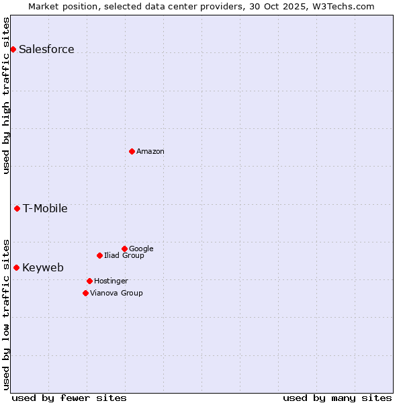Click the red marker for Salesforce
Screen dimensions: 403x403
coord(13,49)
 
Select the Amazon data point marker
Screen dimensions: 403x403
coord(132,151)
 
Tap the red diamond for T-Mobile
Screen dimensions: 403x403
coord(17,208)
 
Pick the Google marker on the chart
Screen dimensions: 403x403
coord(124,249)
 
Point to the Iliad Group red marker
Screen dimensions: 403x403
coord(99,255)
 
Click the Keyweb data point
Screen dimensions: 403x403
coord(16,267)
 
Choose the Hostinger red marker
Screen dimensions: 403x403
coord(89,281)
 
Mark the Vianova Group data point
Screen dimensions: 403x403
coord(85,293)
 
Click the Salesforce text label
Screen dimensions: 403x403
coord(46,49)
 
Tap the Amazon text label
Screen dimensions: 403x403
coord(150,151)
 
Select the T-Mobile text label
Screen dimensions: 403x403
coord(45,208)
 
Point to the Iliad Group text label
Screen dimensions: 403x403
coord(124,255)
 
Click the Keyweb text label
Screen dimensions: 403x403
coord(43,267)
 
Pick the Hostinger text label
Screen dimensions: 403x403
coord(111,281)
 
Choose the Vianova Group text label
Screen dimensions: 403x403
coord(116,293)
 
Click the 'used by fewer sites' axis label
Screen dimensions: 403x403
coord(69,398)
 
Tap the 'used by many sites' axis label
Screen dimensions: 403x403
coord(337,398)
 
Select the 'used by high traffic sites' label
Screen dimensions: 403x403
coord(6,95)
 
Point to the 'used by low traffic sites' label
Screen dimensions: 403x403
coord(6,314)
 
